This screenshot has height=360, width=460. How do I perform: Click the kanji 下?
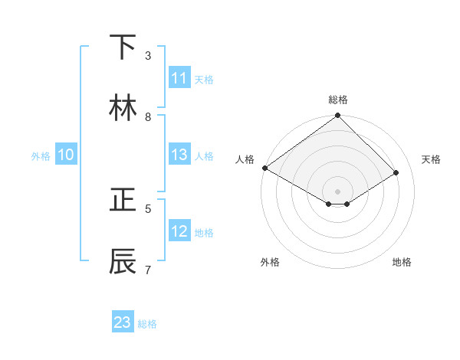123,48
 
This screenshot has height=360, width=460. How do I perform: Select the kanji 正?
123,200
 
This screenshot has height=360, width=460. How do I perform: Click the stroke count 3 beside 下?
148,56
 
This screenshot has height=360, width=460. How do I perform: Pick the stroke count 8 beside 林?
148,117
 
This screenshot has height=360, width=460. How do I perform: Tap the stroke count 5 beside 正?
148,208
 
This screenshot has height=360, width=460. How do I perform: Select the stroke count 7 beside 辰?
148,269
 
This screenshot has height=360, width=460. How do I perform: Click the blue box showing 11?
179,78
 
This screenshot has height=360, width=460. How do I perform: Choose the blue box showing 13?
179,155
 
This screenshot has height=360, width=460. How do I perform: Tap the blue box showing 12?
179,231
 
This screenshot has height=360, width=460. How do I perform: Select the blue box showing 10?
66,155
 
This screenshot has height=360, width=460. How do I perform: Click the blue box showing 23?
123,322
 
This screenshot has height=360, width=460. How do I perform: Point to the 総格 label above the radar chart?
338,100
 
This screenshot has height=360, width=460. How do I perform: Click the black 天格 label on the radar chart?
431,159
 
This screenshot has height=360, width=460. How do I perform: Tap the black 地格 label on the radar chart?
402,262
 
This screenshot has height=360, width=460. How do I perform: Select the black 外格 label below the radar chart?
270,262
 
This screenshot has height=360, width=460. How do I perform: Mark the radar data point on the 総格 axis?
338,116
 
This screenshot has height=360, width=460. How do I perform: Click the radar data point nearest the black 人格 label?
264,168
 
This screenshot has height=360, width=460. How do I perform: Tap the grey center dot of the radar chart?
338,191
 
